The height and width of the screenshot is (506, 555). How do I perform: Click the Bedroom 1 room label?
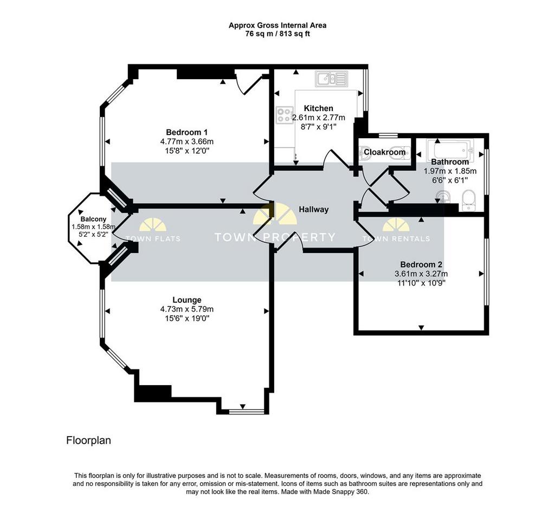click(x=186, y=132)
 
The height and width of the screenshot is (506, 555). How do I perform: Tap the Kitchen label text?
click(x=319, y=108)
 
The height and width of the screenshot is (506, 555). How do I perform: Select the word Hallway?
click(x=314, y=210)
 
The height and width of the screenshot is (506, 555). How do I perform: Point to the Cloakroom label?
click(x=385, y=152)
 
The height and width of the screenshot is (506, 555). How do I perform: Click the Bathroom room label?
click(x=450, y=162)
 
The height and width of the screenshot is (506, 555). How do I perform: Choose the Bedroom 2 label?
click(x=421, y=264)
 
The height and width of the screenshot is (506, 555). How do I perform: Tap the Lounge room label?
click(x=187, y=300)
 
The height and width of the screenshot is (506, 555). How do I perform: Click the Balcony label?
click(x=93, y=219)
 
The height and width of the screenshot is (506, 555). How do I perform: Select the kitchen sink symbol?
click(x=331, y=79)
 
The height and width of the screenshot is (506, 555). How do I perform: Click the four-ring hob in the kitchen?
click(x=285, y=115)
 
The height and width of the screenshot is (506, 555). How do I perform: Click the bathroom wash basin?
click(x=442, y=196)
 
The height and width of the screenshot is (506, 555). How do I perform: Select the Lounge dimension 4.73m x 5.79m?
click(x=187, y=309)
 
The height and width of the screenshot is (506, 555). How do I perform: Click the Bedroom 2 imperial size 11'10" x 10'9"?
click(x=421, y=283)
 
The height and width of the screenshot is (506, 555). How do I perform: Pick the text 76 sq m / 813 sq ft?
click(x=277, y=34)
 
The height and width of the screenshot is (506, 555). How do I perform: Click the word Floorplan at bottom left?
click(x=88, y=440)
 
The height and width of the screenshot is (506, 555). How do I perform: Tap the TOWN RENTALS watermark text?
click(x=396, y=239)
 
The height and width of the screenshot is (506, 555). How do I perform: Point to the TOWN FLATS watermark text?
click(x=153, y=239)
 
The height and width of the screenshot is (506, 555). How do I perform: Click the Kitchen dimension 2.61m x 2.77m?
click(x=319, y=118)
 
